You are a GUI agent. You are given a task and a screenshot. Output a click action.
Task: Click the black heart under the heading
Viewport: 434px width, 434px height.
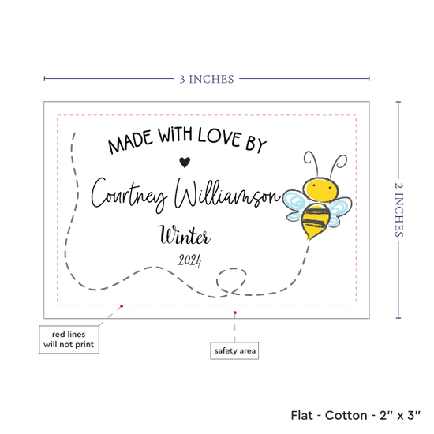[x=185, y=163]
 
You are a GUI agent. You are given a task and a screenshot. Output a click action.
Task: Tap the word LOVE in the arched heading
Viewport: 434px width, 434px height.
[x=219, y=137]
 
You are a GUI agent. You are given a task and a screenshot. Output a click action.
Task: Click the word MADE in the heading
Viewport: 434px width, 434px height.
[x=130, y=142]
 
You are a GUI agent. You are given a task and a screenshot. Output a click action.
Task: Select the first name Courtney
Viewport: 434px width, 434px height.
[x=129, y=196]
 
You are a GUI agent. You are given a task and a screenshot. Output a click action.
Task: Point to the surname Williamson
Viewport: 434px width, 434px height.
[x=227, y=194]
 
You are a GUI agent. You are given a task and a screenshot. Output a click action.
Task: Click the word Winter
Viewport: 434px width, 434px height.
[x=185, y=235]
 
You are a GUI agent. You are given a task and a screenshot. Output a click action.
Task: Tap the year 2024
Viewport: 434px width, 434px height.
[x=190, y=260]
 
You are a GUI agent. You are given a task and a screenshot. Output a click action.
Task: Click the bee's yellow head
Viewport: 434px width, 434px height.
[x=321, y=189]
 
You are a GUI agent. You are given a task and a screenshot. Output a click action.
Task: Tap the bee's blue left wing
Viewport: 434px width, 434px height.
[x=295, y=205]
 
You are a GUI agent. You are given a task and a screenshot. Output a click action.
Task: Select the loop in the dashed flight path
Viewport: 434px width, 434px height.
[x=231, y=280]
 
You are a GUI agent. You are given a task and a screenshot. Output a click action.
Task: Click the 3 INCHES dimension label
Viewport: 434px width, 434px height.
[x=207, y=80]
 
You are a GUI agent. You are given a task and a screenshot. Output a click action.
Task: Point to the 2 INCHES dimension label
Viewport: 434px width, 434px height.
[x=398, y=210]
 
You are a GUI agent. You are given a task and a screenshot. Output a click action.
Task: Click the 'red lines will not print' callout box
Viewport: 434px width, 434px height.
[x=69, y=339]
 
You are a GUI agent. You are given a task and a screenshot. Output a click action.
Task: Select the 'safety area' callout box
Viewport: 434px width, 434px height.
[x=234, y=350]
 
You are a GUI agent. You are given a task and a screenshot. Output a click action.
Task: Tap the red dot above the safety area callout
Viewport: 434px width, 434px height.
[x=235, y=312]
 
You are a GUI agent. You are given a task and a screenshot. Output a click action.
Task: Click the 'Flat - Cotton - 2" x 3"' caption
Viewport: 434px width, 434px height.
[x=355, y=415]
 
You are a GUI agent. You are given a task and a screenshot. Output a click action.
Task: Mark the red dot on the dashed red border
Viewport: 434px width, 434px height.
[x=122, y=306]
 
